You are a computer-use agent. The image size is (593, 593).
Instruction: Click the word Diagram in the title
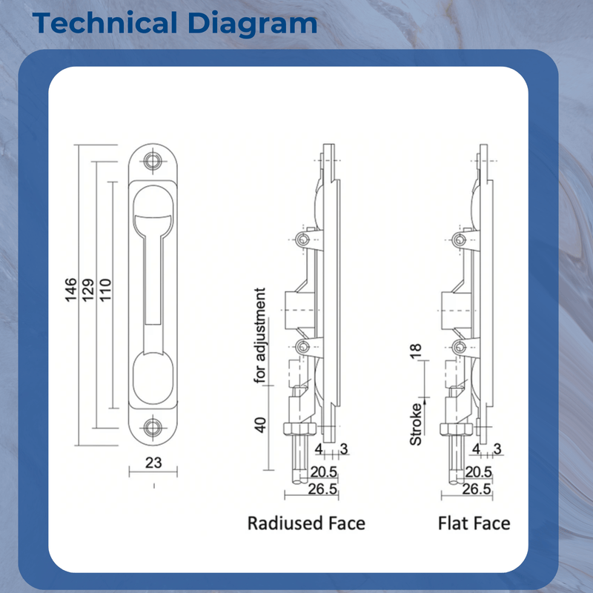coord(251,23)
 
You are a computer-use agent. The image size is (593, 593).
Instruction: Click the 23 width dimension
coord(153,463)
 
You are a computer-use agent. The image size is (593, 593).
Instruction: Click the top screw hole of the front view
coord(153,162)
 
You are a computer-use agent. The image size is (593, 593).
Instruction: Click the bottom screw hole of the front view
coord(153,427)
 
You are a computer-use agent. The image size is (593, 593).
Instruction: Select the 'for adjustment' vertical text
coord(260,335)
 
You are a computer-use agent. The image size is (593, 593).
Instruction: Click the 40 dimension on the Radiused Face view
coord(260,425)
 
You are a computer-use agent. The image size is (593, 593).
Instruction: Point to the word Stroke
coord(416,424)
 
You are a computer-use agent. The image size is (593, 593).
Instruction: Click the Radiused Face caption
coord(306,523)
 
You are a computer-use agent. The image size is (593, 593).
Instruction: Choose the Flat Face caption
coord(474,523)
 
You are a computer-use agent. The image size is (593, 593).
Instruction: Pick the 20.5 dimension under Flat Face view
coord(477,471)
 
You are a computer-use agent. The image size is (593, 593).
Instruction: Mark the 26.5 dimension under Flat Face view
coord(477,489)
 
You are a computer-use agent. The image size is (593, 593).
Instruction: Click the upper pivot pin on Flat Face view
coord(460,239)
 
